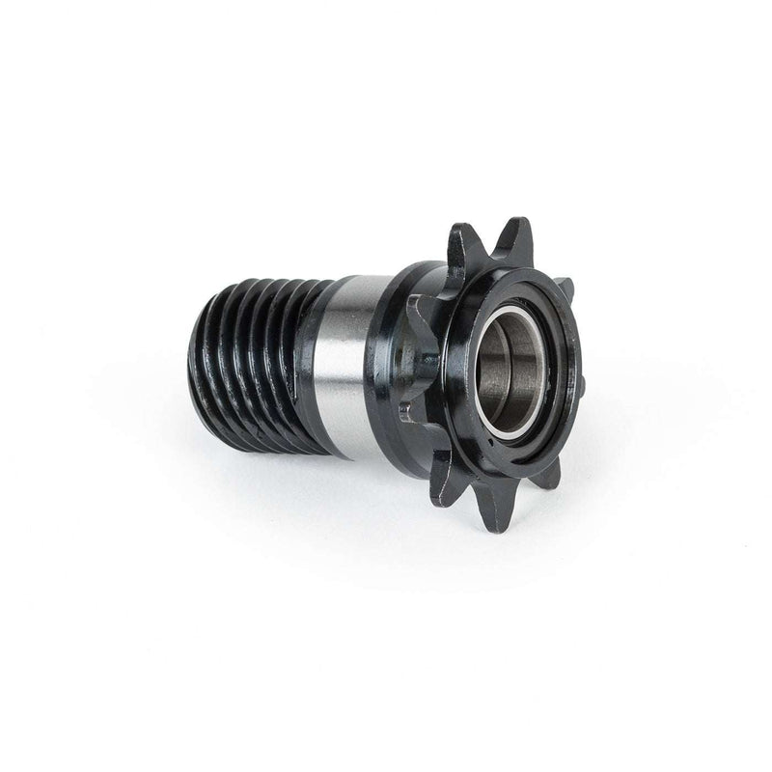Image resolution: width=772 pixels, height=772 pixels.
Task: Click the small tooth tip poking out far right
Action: tap(582, 386)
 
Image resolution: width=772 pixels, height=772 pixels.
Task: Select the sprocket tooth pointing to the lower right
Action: tap(548, 473)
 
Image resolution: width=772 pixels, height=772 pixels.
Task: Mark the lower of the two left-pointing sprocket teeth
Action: tap(409, 410)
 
